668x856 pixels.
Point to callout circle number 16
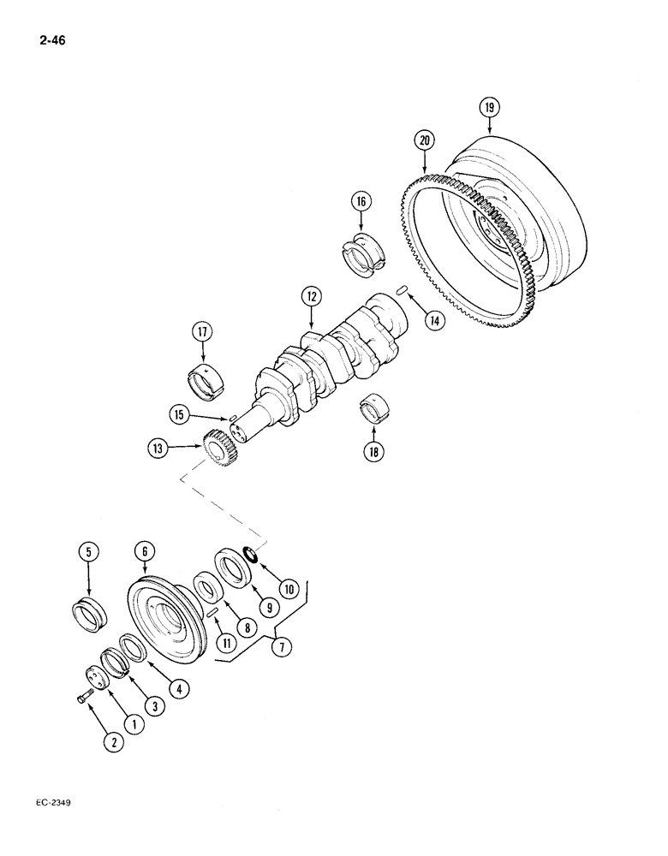pyautogui.click(x=361, y=202)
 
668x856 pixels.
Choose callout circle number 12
pyautogui.click(x=310, y=297)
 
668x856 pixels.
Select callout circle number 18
pyautogui.click(x=373, y=451)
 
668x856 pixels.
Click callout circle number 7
pyautogui.click(x=279, y=647)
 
